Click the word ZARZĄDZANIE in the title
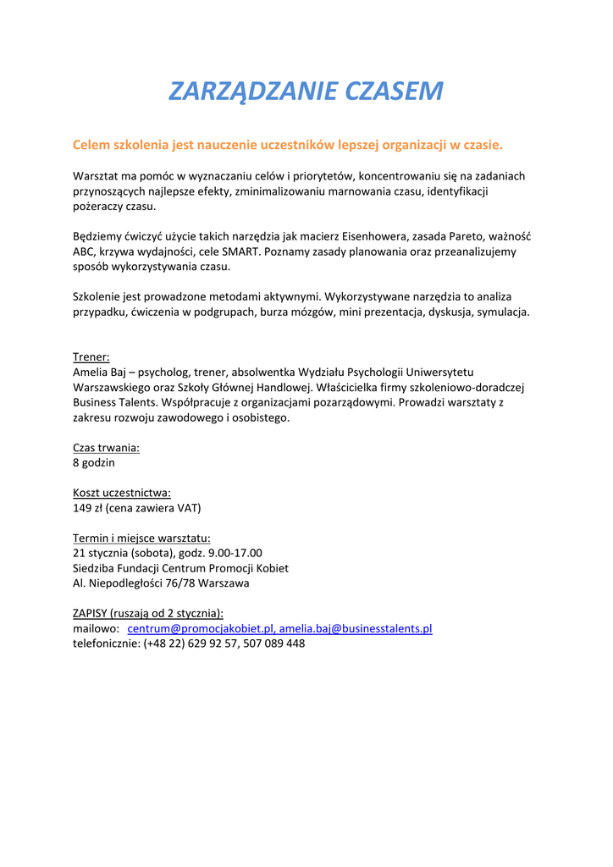click(240, 91)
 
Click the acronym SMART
click(243, 251)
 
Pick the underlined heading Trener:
click(91, 357)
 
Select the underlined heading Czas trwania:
click(106, 448)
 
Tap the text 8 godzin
click(94, 463)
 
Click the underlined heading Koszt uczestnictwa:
click(122, 494)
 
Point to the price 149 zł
click(88, 509)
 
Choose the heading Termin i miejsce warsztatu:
click(141, 538)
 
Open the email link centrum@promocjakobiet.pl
click(201, 629)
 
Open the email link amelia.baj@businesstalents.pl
click(356, 629)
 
